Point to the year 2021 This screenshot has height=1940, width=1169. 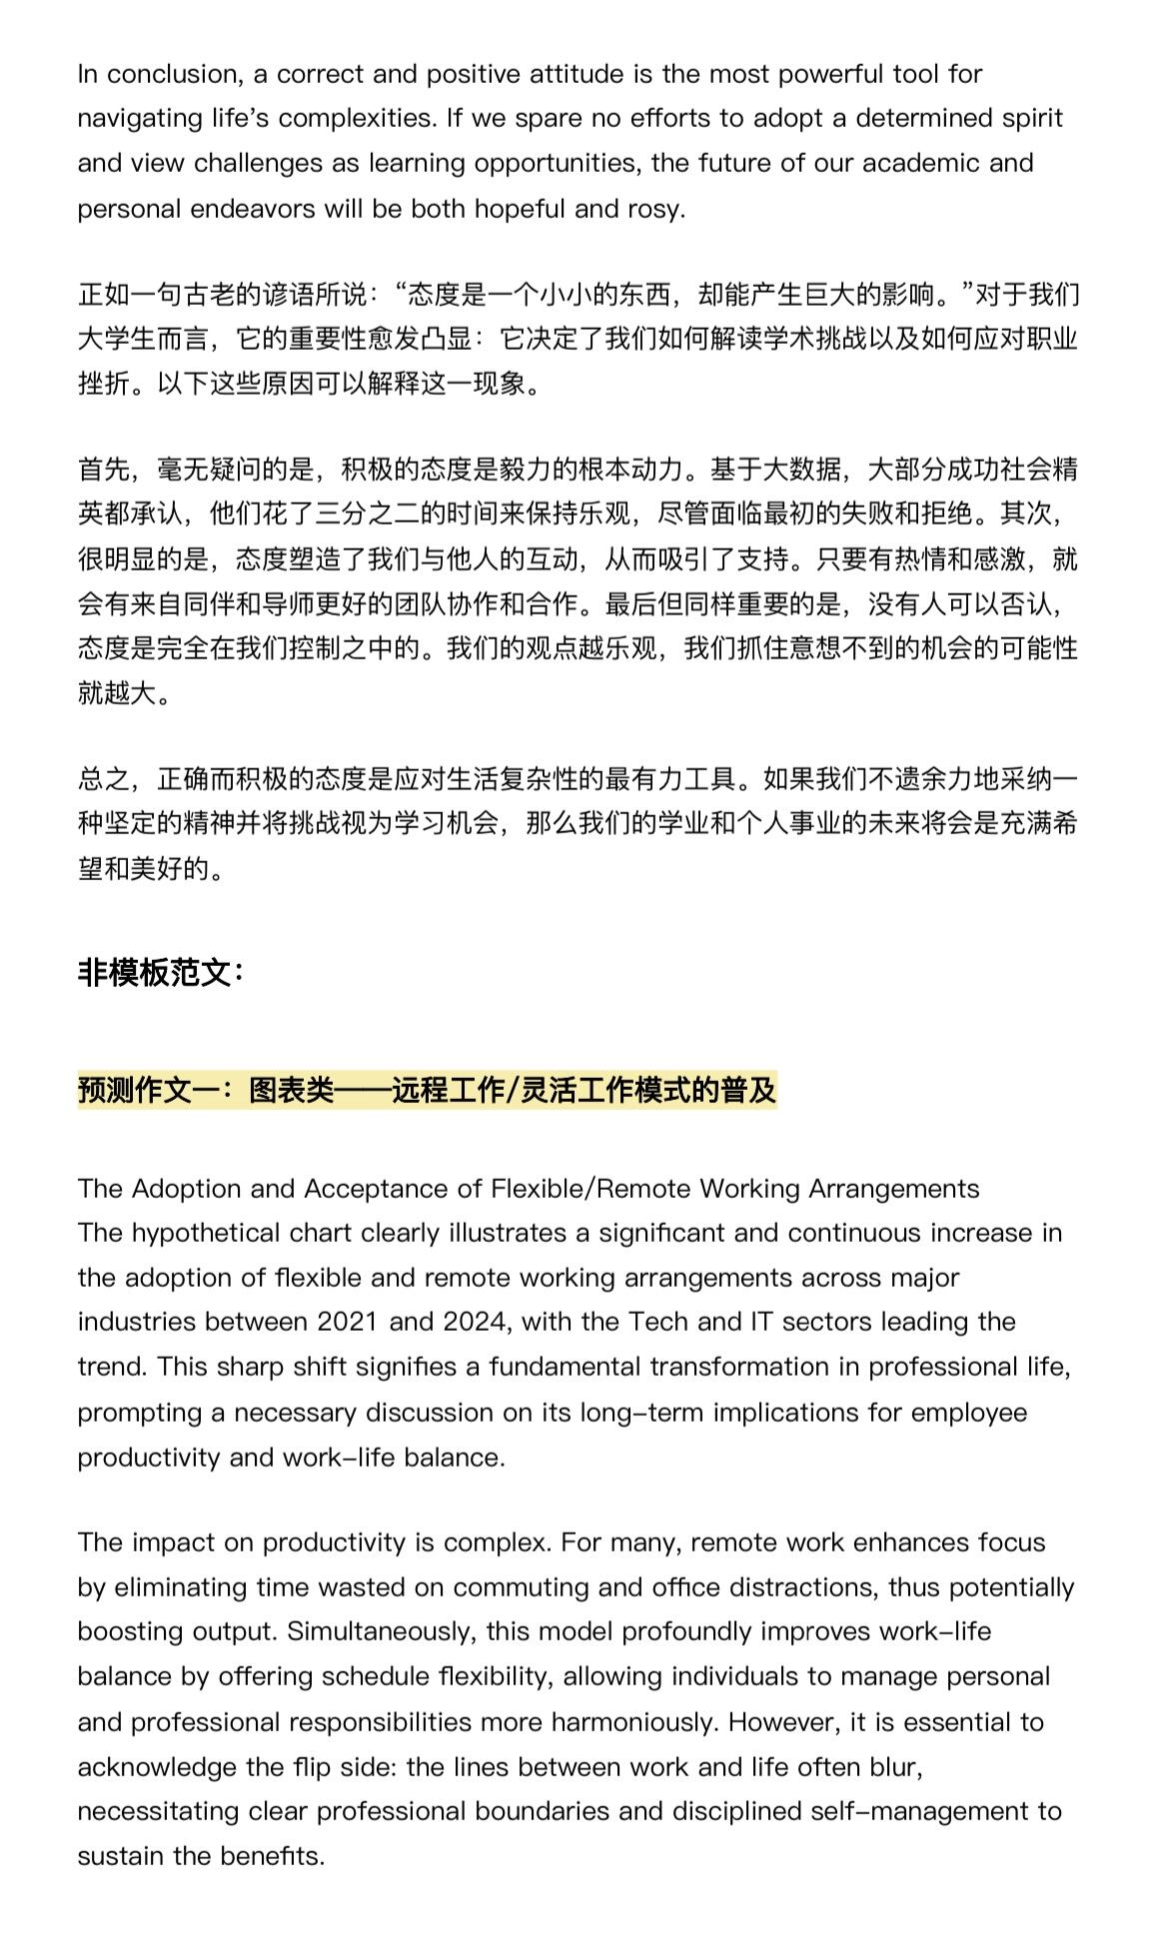[349, 1322]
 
